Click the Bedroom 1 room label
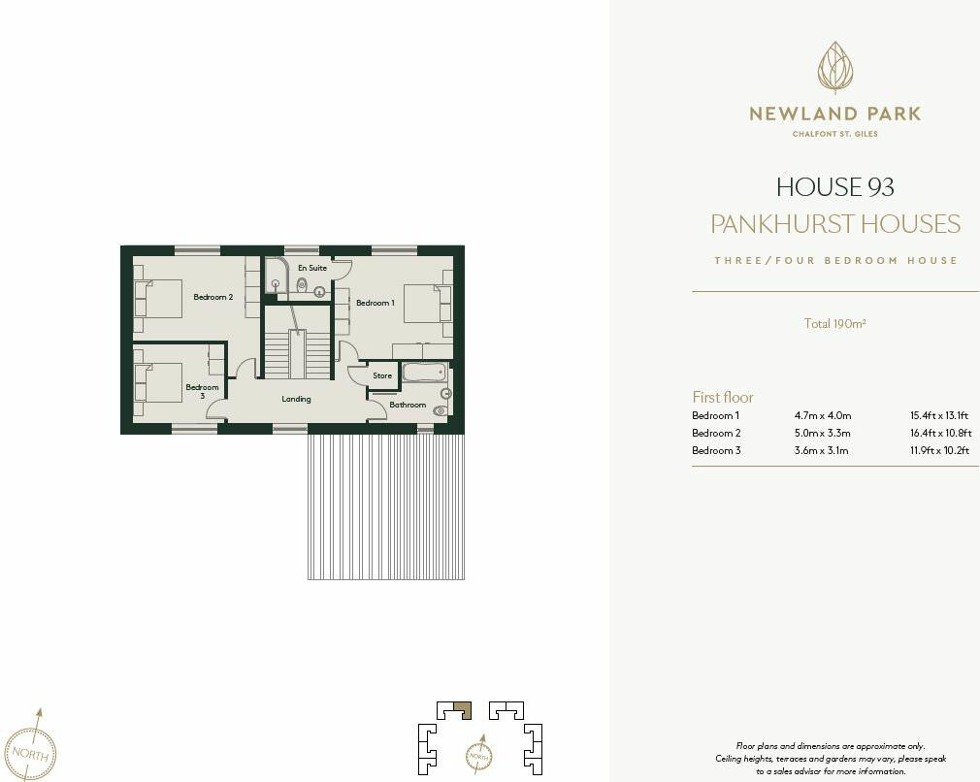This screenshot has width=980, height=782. click(375, 304)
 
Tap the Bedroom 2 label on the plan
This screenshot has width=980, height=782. click(212, 297)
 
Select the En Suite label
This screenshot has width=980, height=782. click(311, 268)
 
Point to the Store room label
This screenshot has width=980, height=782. click(382, 375)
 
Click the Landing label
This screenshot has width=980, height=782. click(296, 399)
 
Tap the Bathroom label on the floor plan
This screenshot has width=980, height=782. click(408, 405)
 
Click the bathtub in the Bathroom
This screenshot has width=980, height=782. click(423, 373)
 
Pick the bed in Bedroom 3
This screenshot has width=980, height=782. click(158, 382)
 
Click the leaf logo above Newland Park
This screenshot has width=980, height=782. click(834, 68)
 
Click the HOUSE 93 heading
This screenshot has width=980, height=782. click(834, 186)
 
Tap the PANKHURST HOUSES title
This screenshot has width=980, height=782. click(834, 224)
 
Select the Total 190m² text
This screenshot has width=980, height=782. click(834, 324)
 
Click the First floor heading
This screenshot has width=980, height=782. click(722, 397)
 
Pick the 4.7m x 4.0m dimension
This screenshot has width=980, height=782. click(822, 416)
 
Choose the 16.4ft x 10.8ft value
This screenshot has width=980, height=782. click(940, 434)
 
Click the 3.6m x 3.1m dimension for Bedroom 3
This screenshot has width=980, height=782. click(822, 451)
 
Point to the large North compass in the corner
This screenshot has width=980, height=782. click(34, 750)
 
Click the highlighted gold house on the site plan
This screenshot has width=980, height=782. click(463, 709)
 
